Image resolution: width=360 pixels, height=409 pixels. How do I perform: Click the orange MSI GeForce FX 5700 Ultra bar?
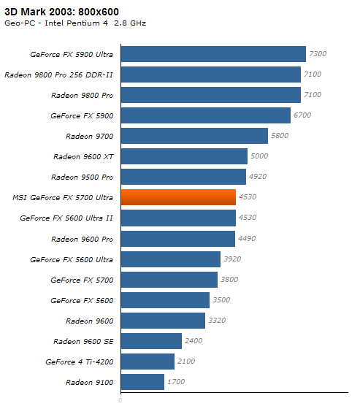(x=178, y=197)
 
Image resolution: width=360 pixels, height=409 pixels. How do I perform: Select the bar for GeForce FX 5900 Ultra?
(x=213, y=54)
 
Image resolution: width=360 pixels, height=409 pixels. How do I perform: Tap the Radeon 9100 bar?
(x=142, y=382)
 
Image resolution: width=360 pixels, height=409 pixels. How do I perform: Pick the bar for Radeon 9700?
(x=195, y=136)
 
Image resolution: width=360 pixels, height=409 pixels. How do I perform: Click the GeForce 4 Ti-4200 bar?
(x=148, y=362)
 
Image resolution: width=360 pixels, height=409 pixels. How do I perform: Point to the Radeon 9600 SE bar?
(x=152, y=341)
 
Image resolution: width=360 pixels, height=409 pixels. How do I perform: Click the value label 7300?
(x=318, y=54)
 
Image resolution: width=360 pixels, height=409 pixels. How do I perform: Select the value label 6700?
(x=302, y=115)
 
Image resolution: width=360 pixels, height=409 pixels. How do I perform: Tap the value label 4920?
(x=258, y=177)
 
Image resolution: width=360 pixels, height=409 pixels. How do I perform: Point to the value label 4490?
(x=247, y=238)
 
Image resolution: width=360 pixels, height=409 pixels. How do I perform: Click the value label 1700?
(x=176, y=382)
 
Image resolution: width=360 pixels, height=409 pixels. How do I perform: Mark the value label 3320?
(x=217, y=321)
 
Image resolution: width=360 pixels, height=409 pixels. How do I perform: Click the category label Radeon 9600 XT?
(x=83, y=157)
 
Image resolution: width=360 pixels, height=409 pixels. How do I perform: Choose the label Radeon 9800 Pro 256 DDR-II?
(x=58, y=74)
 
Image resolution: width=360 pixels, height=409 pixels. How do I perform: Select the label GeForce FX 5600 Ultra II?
(x=66, y=218)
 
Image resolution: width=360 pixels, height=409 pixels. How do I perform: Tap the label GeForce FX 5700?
(x=82, y=280)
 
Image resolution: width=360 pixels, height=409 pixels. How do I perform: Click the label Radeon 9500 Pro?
(x=83, y=177)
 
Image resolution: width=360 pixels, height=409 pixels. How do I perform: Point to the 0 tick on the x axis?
(x=120, y=400)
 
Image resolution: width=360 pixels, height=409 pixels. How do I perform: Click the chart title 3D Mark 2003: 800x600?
(x=61, y=12)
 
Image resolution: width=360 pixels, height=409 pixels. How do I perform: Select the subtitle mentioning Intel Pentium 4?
(x=75, y=23)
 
